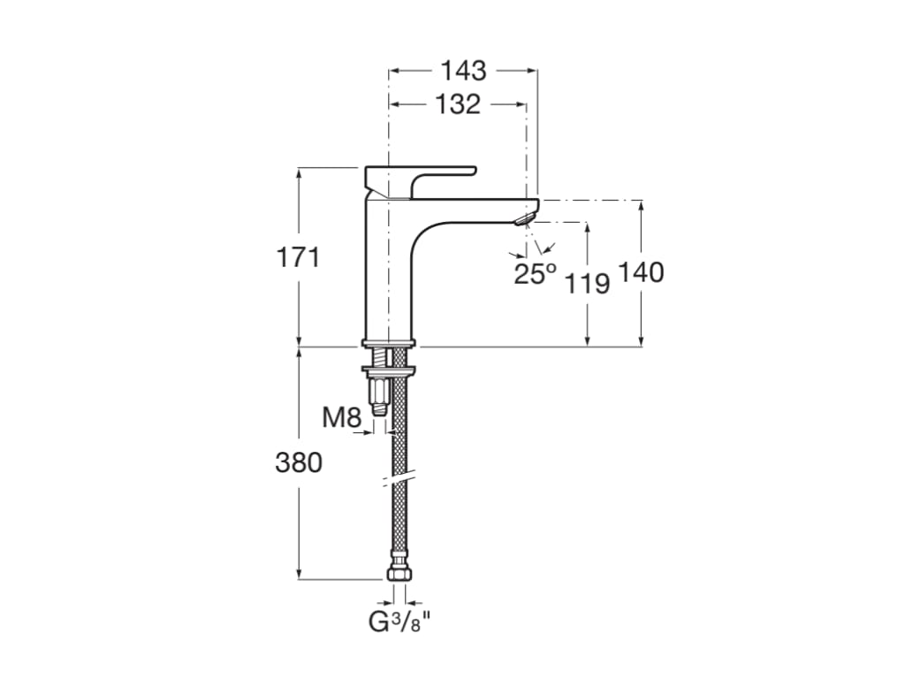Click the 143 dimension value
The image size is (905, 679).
click(x=464, y=70)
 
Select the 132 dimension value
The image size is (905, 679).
click(x=458, y=104)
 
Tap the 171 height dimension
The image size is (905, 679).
click(x=298, y=258)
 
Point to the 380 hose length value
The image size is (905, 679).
click(x=299, y=462)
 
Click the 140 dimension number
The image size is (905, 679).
click(x=641, y=272)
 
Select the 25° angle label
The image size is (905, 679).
click(x=536, y=274)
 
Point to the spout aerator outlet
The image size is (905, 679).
click(x=525, y=217)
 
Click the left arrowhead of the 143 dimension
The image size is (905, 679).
click(x=394, y=70)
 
